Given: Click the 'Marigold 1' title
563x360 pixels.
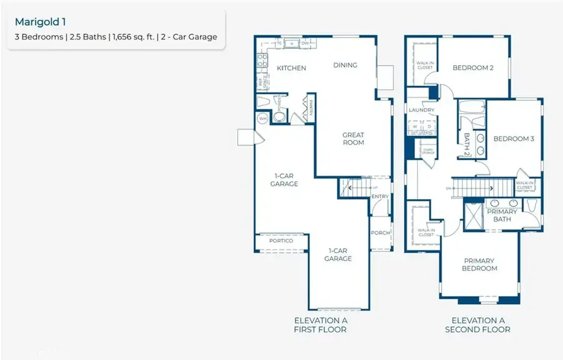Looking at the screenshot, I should (40, 21).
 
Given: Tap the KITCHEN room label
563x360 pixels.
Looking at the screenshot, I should (292, 68).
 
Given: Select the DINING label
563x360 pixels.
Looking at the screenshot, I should (345, 65).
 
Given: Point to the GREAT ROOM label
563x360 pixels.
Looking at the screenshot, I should (353, 138).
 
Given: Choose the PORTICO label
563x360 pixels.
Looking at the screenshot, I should (281, 240).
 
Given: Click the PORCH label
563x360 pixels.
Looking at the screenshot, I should (380, 233).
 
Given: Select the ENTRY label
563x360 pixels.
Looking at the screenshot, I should (380, 197).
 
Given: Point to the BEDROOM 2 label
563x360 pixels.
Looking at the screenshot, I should (474, 68).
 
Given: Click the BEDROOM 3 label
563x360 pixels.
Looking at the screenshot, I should (514, 139).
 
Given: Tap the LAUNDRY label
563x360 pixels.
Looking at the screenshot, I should (422, 110).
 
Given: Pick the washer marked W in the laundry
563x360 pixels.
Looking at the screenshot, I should (414, 125).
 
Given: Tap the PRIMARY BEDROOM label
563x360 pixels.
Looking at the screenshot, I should (480, 264).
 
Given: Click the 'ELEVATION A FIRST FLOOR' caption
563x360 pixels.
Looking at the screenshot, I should (320, 324).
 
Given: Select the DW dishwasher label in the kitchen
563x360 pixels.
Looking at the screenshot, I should (305, 44).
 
